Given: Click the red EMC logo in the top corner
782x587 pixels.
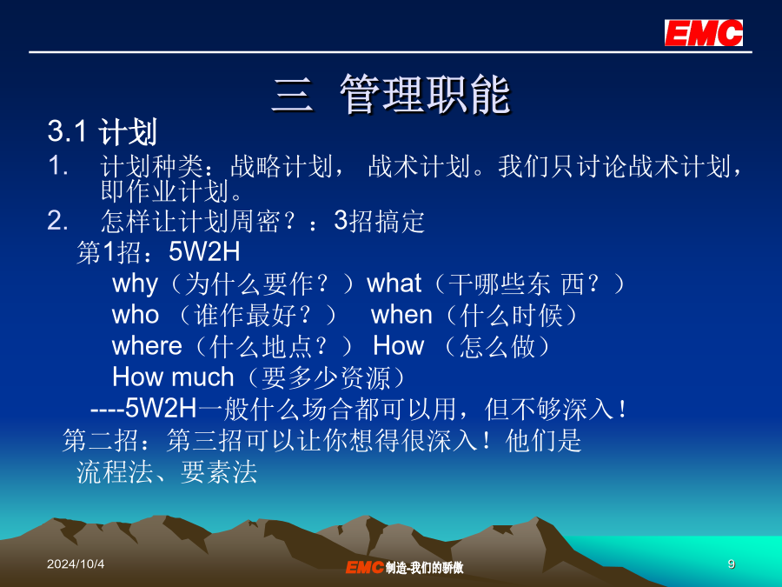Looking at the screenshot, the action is click(x=703, y=33).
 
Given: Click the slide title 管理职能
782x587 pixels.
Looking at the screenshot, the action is click(x=426, y=94).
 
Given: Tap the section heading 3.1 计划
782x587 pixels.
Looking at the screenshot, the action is click(x=103, y=132).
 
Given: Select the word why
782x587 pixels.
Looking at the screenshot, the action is click(x=135, y=284).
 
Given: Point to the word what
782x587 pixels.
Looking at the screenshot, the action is click(x=394, y=283).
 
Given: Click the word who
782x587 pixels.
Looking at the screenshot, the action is click(x=136, y=315).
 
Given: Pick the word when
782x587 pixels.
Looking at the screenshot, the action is click(x=401, y=315).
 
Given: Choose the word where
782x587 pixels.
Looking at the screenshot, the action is click(x=147, y=346).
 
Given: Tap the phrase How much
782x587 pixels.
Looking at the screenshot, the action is click(x=173, y=377).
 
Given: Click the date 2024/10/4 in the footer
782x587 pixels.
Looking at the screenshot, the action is click(x=76, y=564).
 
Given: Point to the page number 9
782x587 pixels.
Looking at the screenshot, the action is click(x=731, y=564).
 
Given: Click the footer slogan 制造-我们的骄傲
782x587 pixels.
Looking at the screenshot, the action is click(x=424, y=567).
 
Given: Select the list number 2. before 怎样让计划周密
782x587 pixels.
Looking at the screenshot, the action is click(x=57, y=220).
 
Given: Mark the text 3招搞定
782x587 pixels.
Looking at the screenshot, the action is click(x=379, y=221).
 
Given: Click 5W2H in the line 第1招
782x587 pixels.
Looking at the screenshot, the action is click(x=204, y=251).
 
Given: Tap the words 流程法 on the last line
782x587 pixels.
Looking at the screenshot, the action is click(x=115, y=471).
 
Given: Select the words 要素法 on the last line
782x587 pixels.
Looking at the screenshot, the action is click(x=218, y=471).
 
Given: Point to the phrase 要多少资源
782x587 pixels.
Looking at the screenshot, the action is click(x=326, y=377).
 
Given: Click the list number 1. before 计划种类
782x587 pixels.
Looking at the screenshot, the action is click(x=58, y=165).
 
